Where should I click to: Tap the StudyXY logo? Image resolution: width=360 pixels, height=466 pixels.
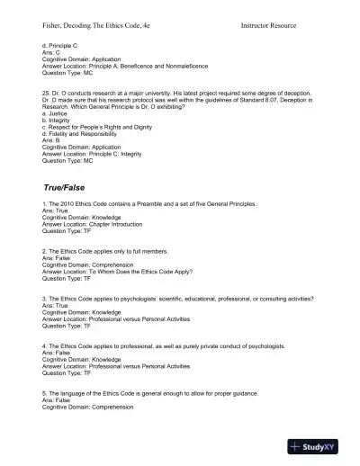(x=319, y=445)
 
